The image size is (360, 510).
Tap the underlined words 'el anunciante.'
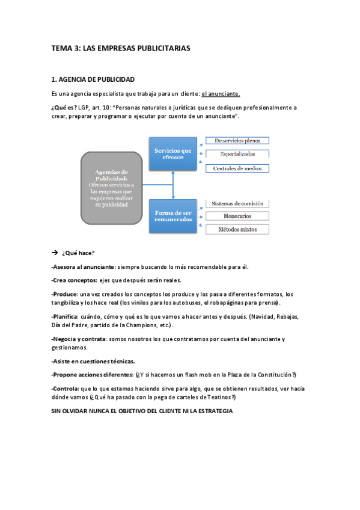(221, 94)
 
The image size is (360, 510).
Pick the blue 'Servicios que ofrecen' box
(173, 153)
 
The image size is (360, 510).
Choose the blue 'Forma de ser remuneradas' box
(173, 217)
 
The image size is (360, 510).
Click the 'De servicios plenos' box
(237, 141)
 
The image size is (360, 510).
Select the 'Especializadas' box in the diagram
(237, 154)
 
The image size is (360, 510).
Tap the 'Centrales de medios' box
(237, 168)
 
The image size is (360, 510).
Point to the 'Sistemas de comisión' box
(237, 203)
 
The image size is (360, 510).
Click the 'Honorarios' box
(237, 216)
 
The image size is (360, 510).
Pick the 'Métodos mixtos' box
(237, 229)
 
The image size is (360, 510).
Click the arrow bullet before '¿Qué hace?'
(55, 253)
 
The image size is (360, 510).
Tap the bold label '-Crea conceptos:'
(74, 280)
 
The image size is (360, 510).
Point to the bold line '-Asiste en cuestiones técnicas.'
(93, 361)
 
